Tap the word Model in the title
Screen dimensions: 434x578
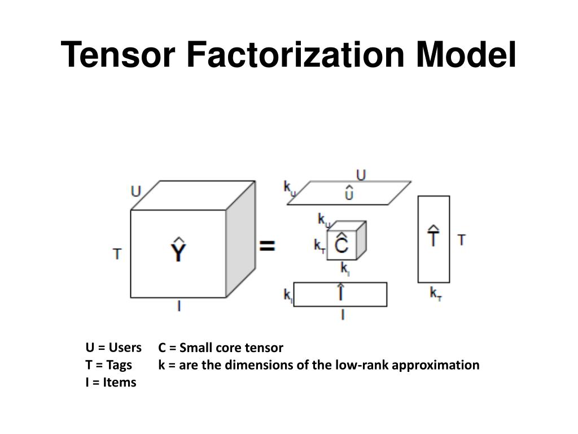pos(466,55)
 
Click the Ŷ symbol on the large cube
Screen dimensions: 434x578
pos(178,250)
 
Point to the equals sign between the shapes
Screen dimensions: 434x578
pos(266,246)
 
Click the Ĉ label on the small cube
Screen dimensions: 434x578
pos(342,244)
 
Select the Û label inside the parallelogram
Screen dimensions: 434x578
pos(349,193)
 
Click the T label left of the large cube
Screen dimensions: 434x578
pos(117,254)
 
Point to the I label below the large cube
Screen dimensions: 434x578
pos(179,307)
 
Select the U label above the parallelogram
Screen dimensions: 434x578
pos(361,175)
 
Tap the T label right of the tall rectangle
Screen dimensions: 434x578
pos(461,240)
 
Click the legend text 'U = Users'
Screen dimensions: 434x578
pos(113,347)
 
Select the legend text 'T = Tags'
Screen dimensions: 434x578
pos(108,364)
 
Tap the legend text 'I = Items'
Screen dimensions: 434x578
pos(111,382)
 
